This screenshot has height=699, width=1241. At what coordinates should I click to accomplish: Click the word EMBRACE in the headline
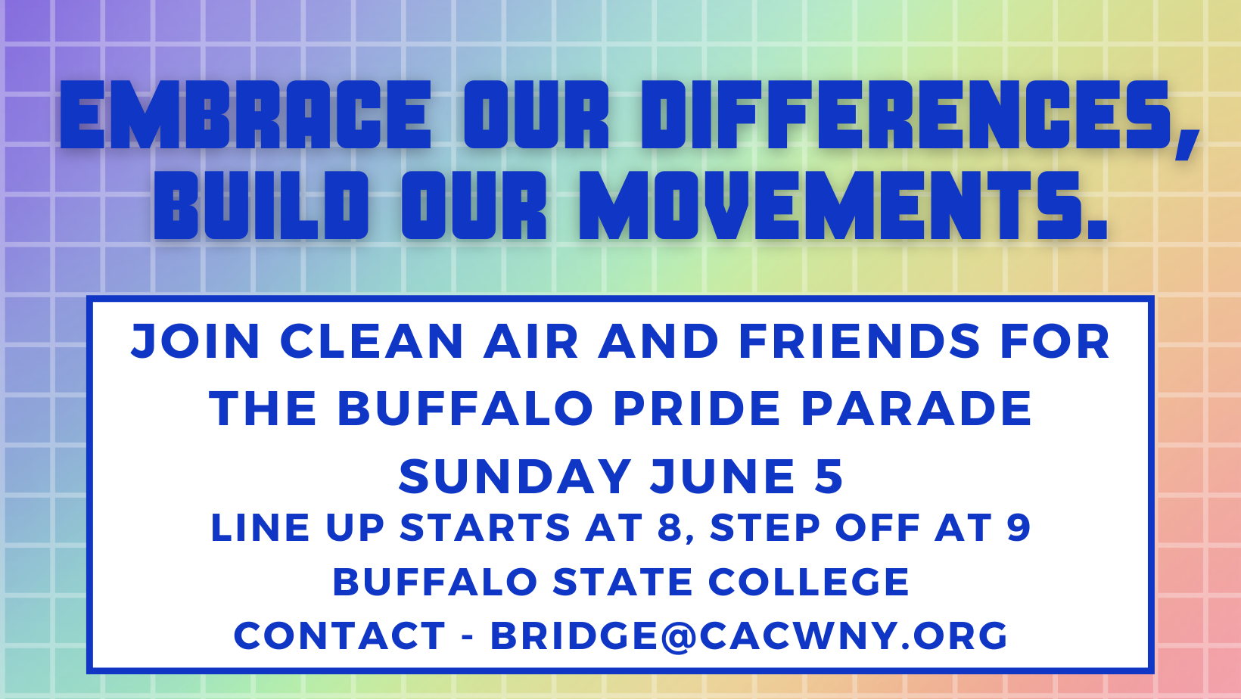click(245, 115)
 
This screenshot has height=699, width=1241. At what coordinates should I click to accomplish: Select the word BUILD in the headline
click(261, 205)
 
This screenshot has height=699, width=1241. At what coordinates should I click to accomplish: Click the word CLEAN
click(372, 341)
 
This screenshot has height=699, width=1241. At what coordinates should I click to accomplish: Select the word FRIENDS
click(860, 341)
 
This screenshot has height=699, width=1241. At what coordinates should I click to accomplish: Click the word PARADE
click(916, 409)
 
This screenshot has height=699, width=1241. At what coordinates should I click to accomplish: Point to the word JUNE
click(723, 476)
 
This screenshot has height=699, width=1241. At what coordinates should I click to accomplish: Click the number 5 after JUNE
click(829, 476)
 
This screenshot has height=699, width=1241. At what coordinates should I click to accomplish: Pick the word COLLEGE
click(809, 582)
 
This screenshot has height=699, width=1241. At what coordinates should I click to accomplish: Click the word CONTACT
click(340, 635)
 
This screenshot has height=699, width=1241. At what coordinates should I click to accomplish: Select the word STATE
click(622, 582)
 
